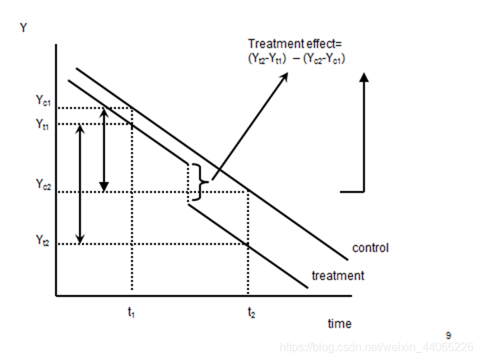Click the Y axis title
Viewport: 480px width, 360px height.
click(x=24, y=29)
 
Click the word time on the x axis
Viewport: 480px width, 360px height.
click(x=339, y=324)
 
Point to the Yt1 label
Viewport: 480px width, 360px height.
click(x=44, y=124)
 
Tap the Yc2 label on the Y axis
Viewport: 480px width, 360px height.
click(x=44, y=184)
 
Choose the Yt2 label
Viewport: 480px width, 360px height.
click(x=44, y=241)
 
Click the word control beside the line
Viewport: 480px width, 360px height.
click(x=370, y=248)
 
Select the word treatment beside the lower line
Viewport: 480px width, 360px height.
click(x=338, y=275)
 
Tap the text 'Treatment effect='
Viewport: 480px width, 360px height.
click(x=295, y=43)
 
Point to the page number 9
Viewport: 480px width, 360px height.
click(x=449, y=334)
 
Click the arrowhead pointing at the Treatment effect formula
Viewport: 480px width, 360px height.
click(x=285, y=73)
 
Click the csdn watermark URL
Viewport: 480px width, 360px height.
click(x=376, y=347)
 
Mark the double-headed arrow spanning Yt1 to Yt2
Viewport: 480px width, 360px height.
click(x=80, y=184)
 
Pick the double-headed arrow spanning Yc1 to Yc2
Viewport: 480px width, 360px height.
click(x=104, y=150)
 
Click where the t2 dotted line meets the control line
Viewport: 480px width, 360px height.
click(x=247, y=192)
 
